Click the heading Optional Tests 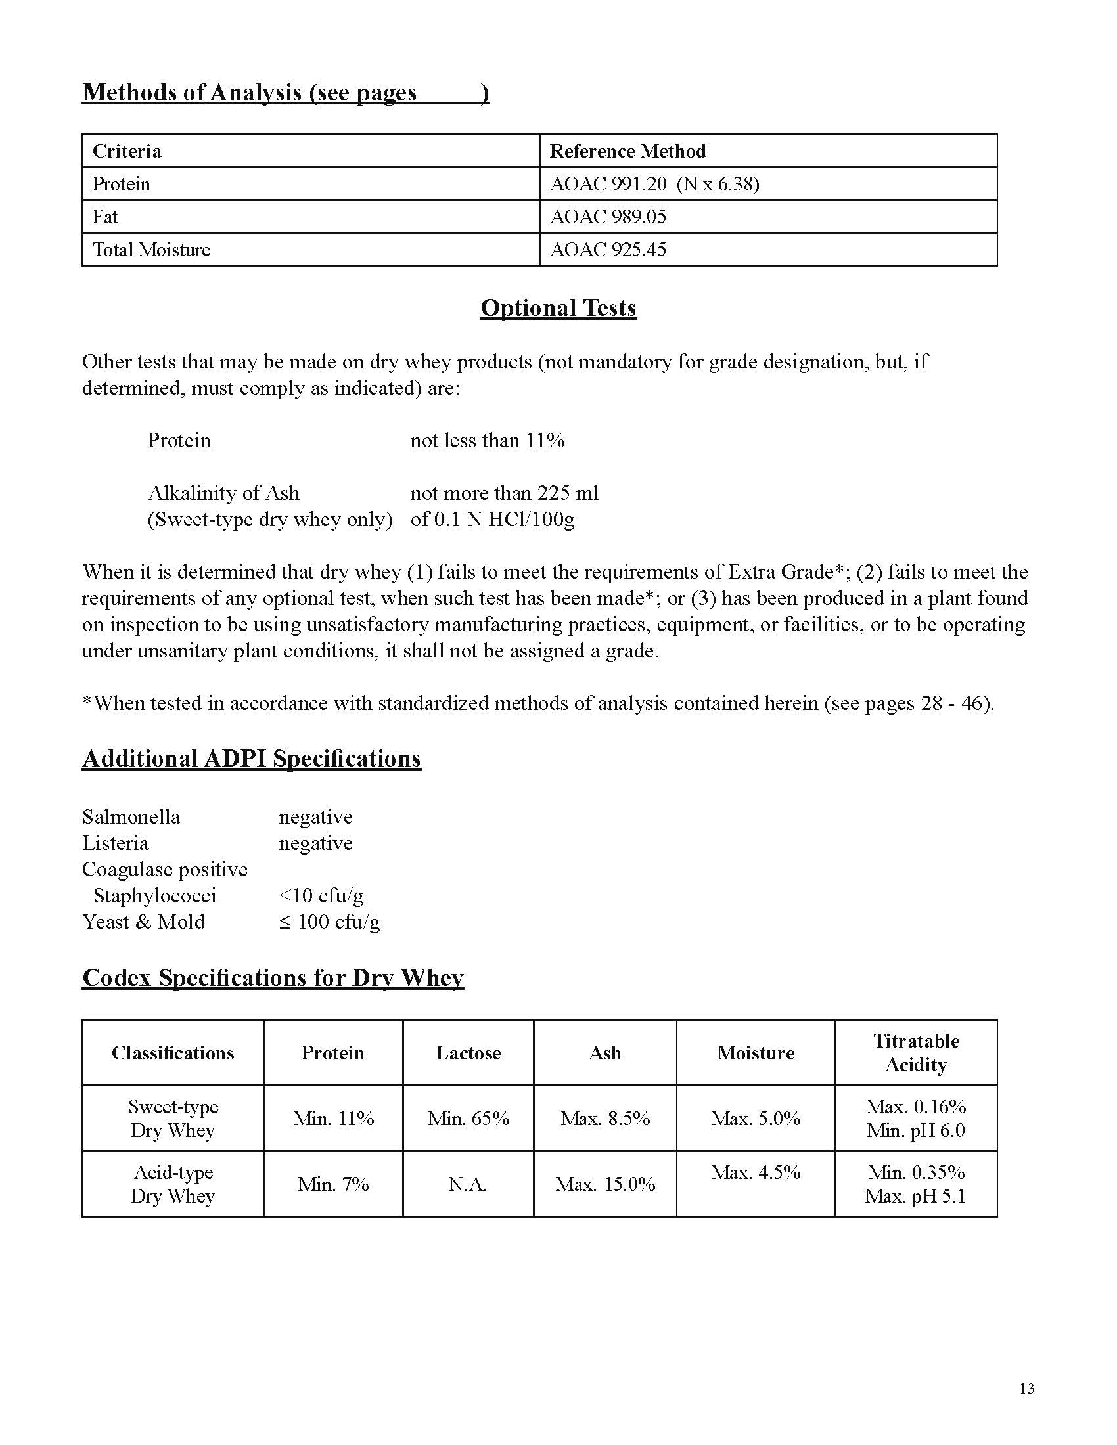(x=558, y=308)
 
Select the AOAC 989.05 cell (x=608, y=217)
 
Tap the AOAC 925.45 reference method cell (x=608, y=250)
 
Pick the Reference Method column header (x=627, y=152)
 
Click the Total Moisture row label (x=152, y=250)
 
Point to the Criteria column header (x=127, y=152)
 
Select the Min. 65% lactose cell (x=468, y=1119)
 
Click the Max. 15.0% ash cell (x=604, y=1184)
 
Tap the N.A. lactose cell (x=468, y=1184)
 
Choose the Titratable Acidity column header (x=916, y=1053)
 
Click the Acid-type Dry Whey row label (x=173, y=1184)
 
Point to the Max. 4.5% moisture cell (x=755, y=1173)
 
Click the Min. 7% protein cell (x=333, y=1184)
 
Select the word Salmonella (x=131, y=817)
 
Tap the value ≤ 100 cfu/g (x=329, y=922)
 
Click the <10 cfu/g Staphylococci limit (x=321, y=896)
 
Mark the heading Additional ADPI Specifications (x=252, y=759)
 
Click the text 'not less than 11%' (x=487, y=441)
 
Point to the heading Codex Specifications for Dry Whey (x=273, y=978)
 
